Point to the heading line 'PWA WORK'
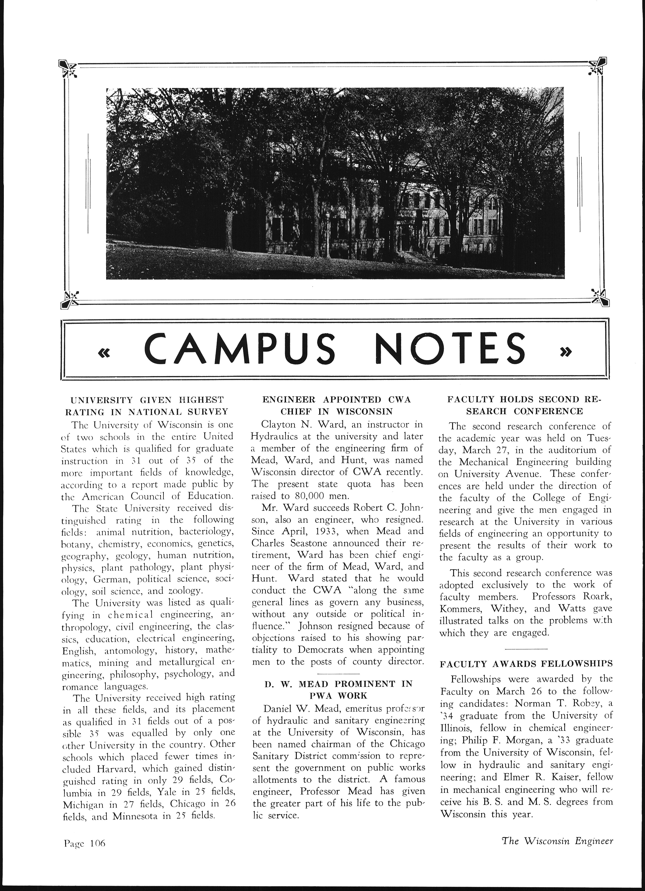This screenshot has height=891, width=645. tap(338, 695)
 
